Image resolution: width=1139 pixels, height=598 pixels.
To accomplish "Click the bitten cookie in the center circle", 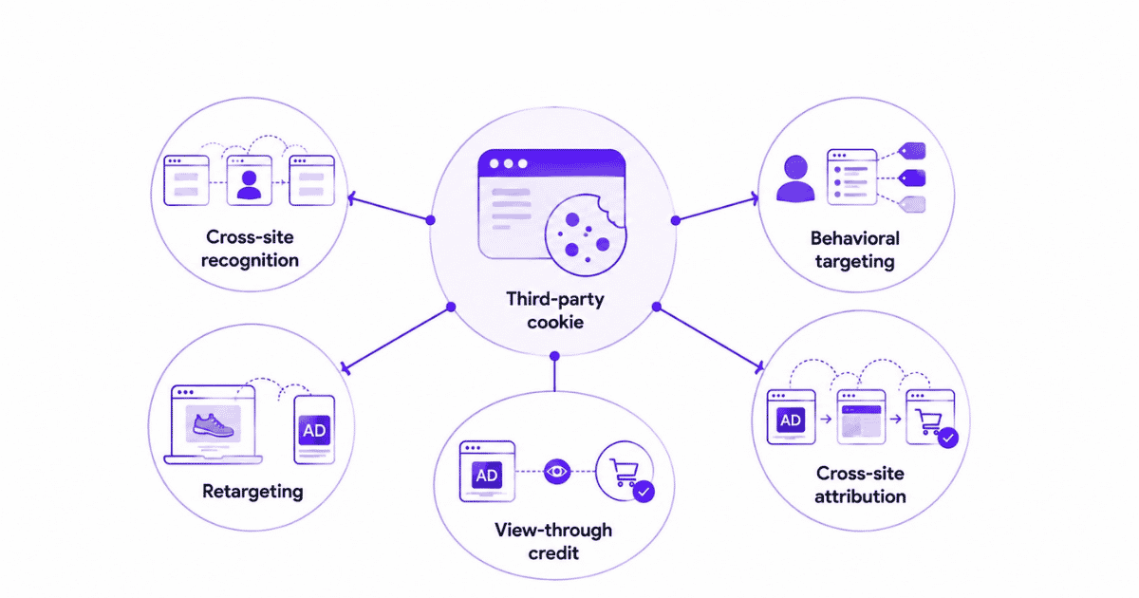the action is tap(585, 235).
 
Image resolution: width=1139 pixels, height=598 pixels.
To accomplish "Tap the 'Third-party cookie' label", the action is tap(554, 310).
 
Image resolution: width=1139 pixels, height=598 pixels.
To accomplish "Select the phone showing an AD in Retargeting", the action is tap(314, 430).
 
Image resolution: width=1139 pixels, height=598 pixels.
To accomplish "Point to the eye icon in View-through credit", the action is tap(557, 472).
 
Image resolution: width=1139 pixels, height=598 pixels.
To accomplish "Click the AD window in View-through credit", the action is tap(487, 472).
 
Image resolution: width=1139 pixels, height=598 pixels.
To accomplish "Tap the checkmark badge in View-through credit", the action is tap(644, 492).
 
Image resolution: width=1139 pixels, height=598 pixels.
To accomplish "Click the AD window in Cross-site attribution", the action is tap(791, 417).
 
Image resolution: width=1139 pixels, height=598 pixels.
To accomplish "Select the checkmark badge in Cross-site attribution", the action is tap(948, 438).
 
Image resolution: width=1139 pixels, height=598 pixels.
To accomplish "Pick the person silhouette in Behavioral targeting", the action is tap(795, 178).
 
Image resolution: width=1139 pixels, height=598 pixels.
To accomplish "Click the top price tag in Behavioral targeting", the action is tap(912, 151).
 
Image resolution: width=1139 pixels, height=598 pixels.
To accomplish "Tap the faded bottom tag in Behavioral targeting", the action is tap(912, 204).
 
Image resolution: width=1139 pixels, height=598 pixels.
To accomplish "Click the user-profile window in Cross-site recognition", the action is tap(249, 180).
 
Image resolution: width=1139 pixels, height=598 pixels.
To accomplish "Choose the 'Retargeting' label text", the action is tap(252, 492).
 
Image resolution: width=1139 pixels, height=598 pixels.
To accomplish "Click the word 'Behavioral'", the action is tap(855, 238).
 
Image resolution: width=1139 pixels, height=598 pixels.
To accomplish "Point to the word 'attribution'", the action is tap(860, 496).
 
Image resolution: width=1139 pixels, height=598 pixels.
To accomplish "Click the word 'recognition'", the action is tap(250, 261).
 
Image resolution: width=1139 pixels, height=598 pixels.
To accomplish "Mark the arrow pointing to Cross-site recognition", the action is tap(389, 209).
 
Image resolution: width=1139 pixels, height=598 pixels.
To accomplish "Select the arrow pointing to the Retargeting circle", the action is tap(396, 339).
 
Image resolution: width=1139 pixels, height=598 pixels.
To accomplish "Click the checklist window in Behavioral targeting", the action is tap(851, 177).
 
